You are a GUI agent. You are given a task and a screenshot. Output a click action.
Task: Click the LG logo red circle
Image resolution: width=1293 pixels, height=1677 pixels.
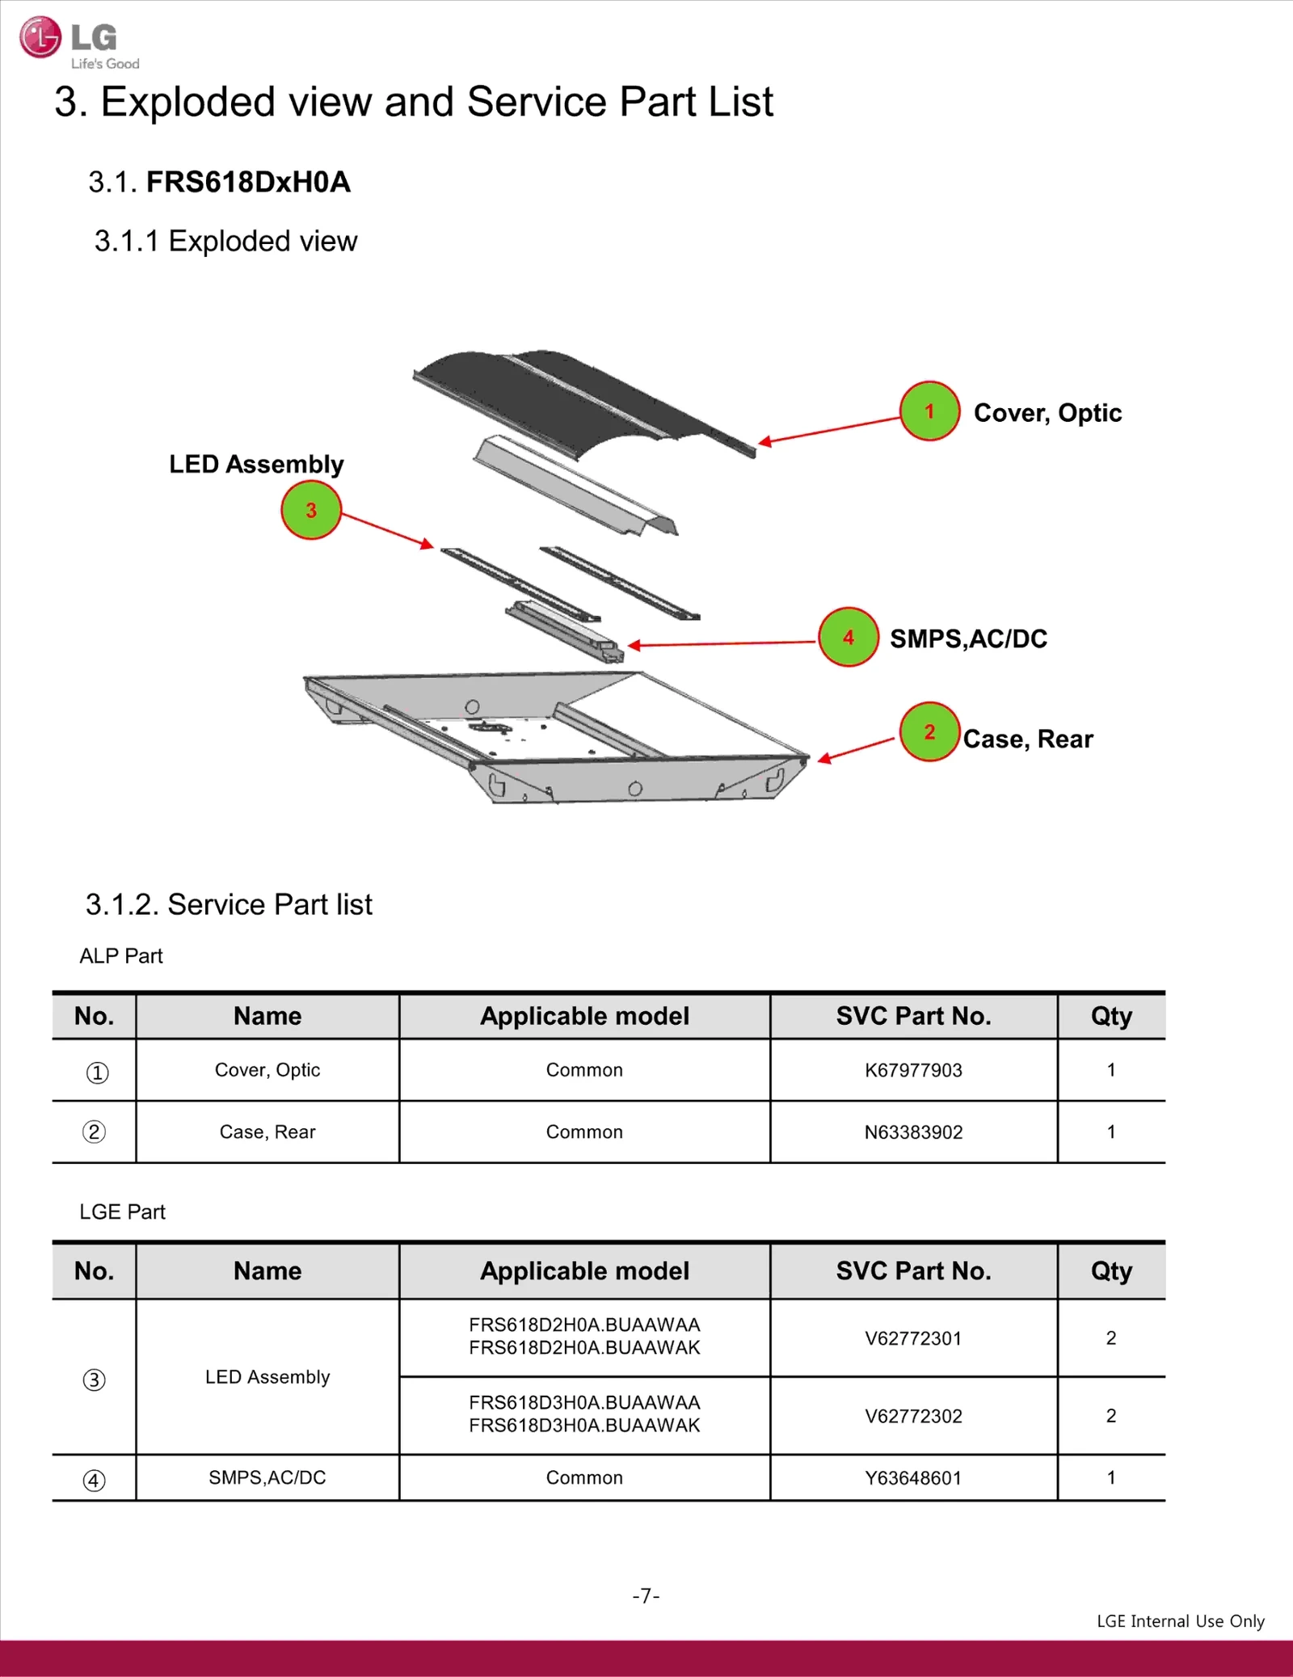40,37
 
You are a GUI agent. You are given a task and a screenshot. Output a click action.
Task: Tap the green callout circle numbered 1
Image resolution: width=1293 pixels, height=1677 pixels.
929,411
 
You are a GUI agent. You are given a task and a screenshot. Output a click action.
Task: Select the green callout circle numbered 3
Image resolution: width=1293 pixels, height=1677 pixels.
311,510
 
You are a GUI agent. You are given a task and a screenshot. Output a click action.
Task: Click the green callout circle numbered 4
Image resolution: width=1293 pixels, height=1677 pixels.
848,638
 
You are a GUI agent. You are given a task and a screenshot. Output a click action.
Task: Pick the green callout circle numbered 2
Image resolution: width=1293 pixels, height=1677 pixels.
929,732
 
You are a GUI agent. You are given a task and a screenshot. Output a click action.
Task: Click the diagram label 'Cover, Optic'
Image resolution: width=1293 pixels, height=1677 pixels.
1047,413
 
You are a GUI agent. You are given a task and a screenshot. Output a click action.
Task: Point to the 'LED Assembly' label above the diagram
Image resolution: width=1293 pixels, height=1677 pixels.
256,464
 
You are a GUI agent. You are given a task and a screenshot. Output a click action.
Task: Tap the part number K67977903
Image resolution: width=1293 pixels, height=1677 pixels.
913,1070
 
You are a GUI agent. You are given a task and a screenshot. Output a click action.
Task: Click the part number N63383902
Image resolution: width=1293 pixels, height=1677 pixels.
913,1132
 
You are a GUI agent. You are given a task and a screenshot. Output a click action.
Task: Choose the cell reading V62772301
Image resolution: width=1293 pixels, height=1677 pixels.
913,1338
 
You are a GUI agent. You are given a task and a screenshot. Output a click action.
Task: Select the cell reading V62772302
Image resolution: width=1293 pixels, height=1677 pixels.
913,1416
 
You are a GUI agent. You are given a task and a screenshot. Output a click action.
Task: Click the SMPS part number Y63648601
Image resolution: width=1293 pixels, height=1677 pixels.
913,1478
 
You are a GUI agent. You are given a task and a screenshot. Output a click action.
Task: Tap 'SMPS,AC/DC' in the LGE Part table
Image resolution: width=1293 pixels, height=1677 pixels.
267,1477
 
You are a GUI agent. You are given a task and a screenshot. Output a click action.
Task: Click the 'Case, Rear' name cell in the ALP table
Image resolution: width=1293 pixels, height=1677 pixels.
267,1132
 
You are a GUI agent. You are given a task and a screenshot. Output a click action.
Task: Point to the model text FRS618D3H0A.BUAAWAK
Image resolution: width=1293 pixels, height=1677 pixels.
584,1426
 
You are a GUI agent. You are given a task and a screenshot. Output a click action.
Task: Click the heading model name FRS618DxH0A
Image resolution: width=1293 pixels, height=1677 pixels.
248,182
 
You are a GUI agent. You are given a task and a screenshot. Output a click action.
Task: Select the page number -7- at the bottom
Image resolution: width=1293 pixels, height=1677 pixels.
646,1595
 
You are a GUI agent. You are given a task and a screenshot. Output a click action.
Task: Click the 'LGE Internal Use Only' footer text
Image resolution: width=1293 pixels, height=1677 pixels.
1180,1621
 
